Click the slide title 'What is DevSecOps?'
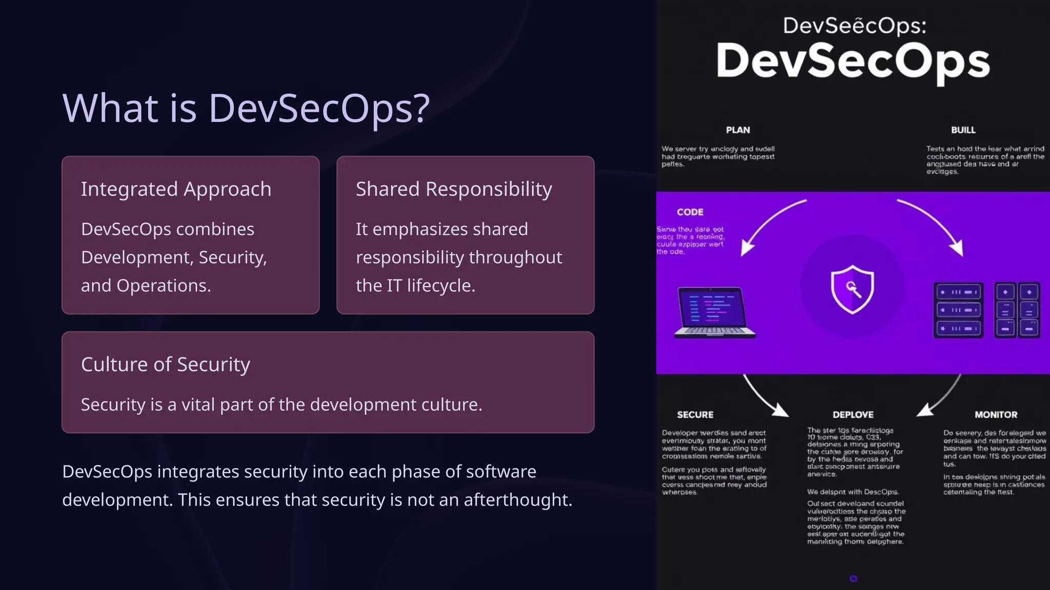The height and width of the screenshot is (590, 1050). click(x=246, y=108)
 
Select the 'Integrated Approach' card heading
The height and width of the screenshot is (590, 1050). click(x=176, y=189)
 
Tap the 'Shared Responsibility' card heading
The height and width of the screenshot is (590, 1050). click(x=454, y=189)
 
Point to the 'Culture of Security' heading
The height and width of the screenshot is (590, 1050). click(x=165, y=364)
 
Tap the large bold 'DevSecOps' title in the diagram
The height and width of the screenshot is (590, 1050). click(x=853, y=61)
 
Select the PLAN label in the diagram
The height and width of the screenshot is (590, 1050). click(x=738, y=130)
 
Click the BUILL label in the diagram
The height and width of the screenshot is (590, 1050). click(x=963, y=130)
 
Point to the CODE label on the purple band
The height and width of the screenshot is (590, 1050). click(x=690, y=212)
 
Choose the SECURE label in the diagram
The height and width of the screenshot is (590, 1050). click(x=695, y=414)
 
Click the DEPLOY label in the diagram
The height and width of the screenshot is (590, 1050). click(x=853, y=414)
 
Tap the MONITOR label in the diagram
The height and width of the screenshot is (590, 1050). click(x=996, y=414)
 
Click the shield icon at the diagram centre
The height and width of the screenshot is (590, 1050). click(x=852, y=289)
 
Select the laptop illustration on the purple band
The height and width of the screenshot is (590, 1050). click(x=714, y=312)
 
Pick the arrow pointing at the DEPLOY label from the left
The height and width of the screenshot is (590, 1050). click(x=764, y=397)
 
